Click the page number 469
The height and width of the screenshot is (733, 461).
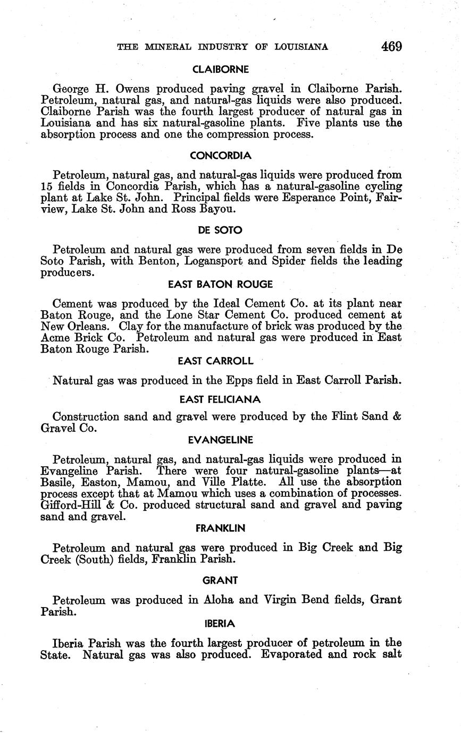(391, 46)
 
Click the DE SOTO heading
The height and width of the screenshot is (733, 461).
(220, 230)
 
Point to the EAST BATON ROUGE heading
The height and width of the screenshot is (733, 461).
(220, 284)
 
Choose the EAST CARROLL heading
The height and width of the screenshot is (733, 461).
(215, 361)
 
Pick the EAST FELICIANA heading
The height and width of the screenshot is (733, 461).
(220, 399)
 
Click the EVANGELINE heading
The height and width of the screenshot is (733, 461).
(220, 440)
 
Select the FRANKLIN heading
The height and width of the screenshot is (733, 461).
(220, 528)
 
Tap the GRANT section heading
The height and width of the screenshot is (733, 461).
(220, 581)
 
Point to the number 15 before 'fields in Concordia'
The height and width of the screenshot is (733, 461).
(47, 186)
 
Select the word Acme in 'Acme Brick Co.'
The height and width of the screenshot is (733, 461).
(55, 337)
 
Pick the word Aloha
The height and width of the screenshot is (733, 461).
(219, 600)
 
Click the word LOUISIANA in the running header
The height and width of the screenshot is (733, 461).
(301, 47)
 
